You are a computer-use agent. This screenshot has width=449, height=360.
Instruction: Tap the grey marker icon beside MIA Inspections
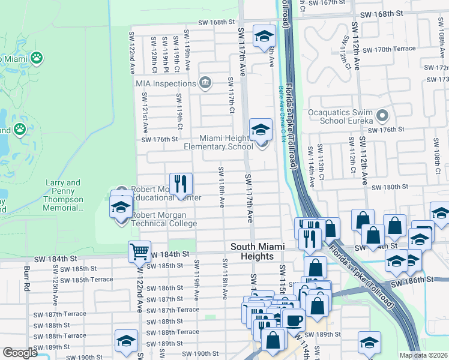[x=205, y=82]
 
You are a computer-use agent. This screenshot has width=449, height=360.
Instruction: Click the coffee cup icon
[x=293, y=319]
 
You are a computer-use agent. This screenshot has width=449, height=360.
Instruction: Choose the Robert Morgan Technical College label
[x=164, y=219]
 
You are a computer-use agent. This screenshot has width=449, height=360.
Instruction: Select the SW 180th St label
[x=390, y=187]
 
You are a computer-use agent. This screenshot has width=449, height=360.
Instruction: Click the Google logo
[x=20, y=353]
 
